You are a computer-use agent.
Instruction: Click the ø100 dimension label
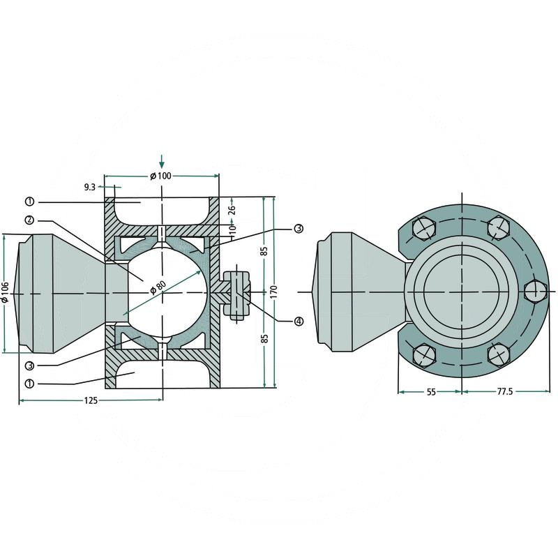[160, 176]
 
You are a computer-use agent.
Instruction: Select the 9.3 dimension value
[89, 187]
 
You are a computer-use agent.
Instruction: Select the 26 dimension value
[232, 207]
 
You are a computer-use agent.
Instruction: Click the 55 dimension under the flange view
[430, 393]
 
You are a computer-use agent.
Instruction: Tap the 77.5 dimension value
[505, 393]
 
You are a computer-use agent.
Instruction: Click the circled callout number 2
[29, 220]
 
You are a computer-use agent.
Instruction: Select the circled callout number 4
[299, 322]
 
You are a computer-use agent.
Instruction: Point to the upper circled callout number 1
[29, 202]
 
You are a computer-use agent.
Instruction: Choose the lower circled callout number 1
[29, 383]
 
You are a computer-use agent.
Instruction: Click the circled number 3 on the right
[298, 228]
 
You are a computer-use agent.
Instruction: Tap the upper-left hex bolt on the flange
[425, 228]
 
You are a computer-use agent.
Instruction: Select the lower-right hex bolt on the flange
[499, 354]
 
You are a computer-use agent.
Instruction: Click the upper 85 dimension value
[264, 250]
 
